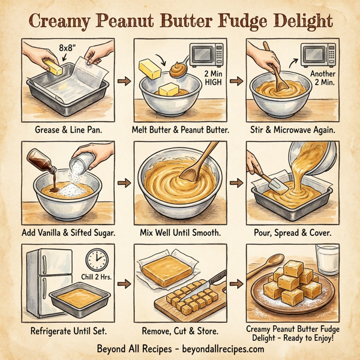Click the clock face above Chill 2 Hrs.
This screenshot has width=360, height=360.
tap(95, 259)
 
